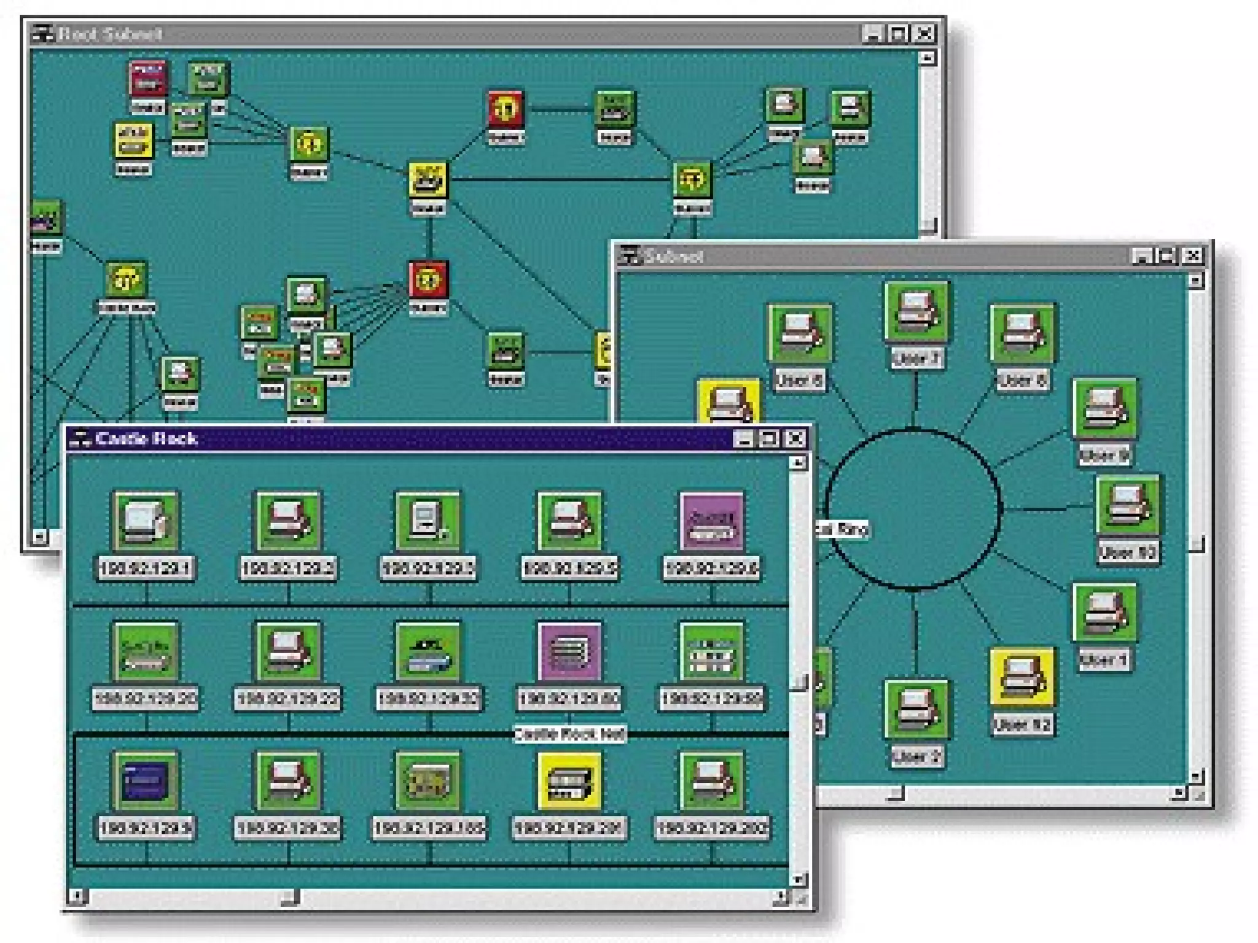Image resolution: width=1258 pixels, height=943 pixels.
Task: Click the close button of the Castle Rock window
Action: point(795,438)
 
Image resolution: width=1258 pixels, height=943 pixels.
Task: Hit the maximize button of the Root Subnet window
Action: point(898,33)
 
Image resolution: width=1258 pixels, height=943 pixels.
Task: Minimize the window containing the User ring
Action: point(1141,255)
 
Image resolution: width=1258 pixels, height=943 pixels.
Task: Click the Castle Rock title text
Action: point(147,438)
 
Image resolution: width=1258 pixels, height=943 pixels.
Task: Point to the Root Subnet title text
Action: point(110,34)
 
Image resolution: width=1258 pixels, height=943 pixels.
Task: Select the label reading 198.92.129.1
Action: point(146,568)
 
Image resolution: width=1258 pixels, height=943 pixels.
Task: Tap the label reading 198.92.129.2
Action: point(287,568)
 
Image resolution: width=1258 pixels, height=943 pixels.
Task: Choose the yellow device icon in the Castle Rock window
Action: point(569,781)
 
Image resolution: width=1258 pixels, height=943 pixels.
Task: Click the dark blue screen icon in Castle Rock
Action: point(146,781)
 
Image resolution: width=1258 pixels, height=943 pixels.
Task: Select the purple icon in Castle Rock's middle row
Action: point(569,651)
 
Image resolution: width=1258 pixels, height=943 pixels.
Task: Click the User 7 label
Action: point(915,358)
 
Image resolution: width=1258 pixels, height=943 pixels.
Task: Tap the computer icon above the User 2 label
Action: point(915,709)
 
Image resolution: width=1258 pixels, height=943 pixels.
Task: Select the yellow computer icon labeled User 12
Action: point(1022,677)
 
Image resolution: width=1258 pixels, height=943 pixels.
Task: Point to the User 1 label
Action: point(1103,660)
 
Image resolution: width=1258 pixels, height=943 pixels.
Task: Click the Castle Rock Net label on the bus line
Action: point(569,734)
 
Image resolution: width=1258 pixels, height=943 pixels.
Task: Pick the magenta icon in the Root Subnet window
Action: point(147,79)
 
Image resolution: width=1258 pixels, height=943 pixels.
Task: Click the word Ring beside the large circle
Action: point(851,529)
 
